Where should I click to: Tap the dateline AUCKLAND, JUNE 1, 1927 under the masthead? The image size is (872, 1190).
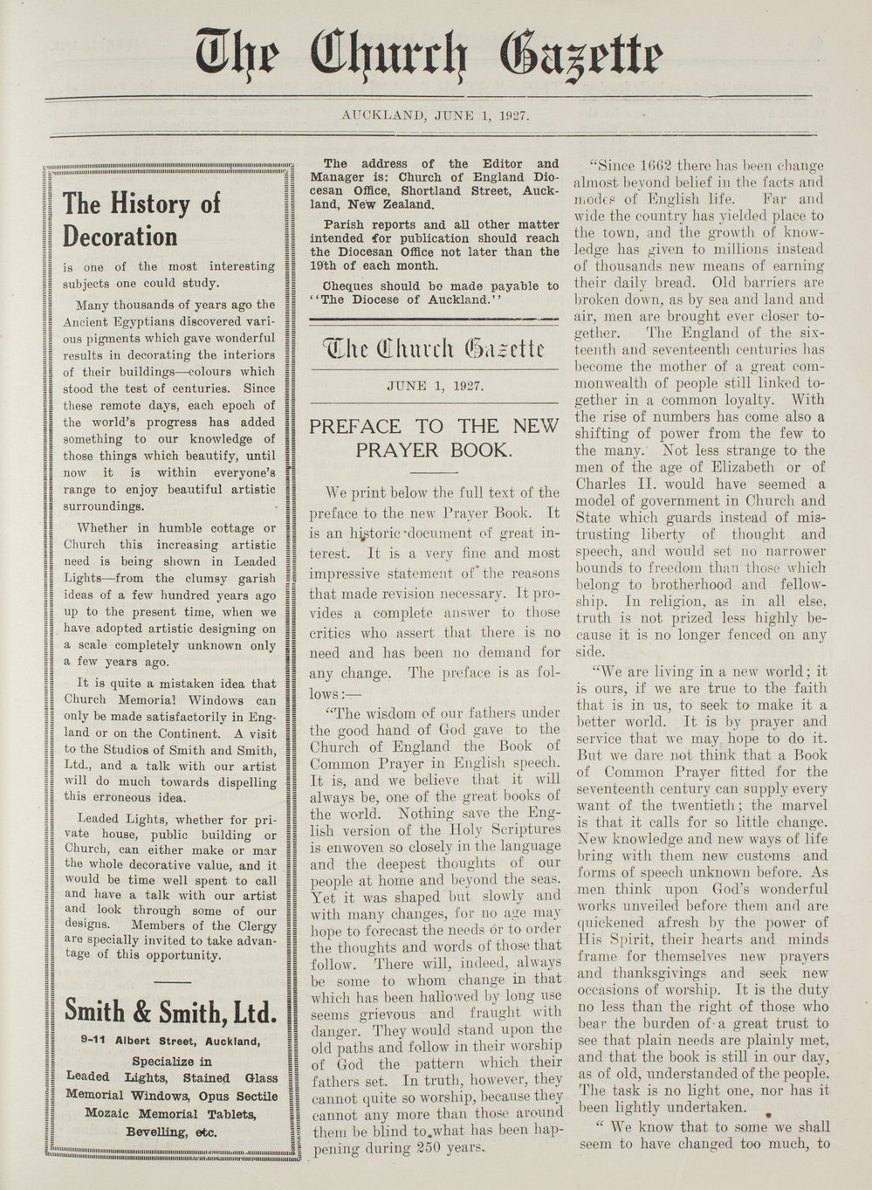click(x=436, y=113)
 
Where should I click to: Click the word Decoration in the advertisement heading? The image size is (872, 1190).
click(x=120, y=237)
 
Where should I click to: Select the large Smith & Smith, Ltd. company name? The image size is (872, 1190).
click(x=171, y=1013)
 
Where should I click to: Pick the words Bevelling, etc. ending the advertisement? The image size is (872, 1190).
click(x=171, y=1132)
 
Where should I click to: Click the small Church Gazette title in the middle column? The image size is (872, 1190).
click(x=435, y=351)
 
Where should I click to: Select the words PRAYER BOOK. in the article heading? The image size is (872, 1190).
click(x=434, y=451)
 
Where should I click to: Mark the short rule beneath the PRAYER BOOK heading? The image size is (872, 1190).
click(x=434, y=472)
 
